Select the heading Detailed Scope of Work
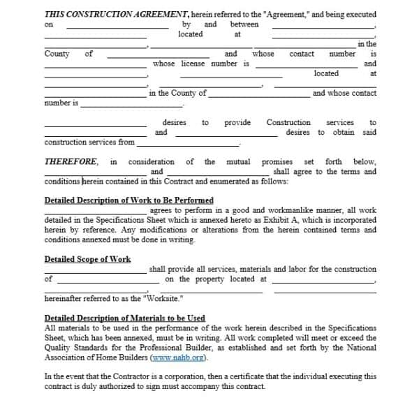(x=87, y=259)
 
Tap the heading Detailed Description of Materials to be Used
(x=125, y=318)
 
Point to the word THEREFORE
(x=71, y=161)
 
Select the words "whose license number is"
(x=201, y=64)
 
